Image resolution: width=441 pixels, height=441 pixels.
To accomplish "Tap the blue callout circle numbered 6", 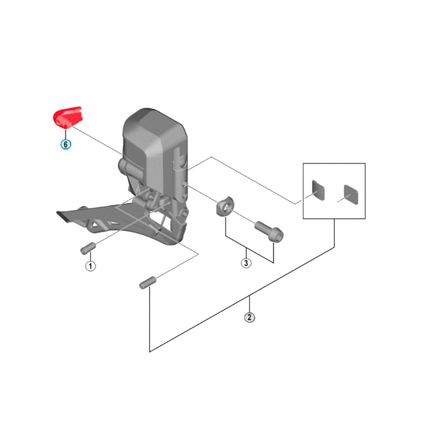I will coord(65,144).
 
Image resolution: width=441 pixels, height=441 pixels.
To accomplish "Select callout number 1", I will coord(90,265).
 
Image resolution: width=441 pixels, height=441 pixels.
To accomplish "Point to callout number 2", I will coord(250,317).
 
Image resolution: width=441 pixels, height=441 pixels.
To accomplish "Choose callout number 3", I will coord(246,263).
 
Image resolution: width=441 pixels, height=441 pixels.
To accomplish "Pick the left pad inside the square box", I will coord(319,190).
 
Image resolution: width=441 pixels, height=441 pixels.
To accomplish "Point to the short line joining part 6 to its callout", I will coord(66,133).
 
